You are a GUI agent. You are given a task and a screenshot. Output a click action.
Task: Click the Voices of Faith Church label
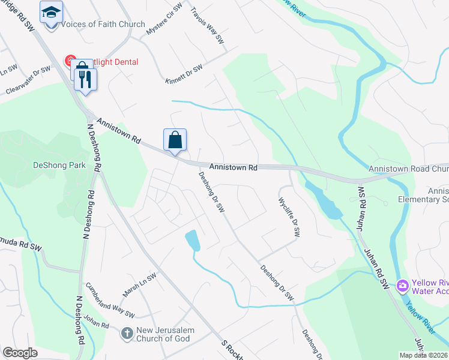click(104, 25)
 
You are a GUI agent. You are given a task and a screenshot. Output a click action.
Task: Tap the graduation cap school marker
click(52, 13)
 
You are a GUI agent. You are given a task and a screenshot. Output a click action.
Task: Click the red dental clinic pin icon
click(70, 61)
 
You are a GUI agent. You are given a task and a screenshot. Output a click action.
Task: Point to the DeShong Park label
click(59, 165)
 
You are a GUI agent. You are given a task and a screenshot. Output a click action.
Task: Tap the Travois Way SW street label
click(207, 25)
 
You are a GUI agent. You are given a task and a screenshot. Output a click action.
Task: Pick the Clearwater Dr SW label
click(28, 81)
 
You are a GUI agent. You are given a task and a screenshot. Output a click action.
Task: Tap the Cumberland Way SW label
click(110, 299)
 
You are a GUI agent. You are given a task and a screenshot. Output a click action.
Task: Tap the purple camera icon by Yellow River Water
click(402, 286)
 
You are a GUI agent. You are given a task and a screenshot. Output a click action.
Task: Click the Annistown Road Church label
click(408, 169)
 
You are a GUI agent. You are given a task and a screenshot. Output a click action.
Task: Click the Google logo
click(19, 353)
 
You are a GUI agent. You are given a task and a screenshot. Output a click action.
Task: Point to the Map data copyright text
click(423, 355)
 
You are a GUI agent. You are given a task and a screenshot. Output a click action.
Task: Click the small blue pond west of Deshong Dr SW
click(193, 241)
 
